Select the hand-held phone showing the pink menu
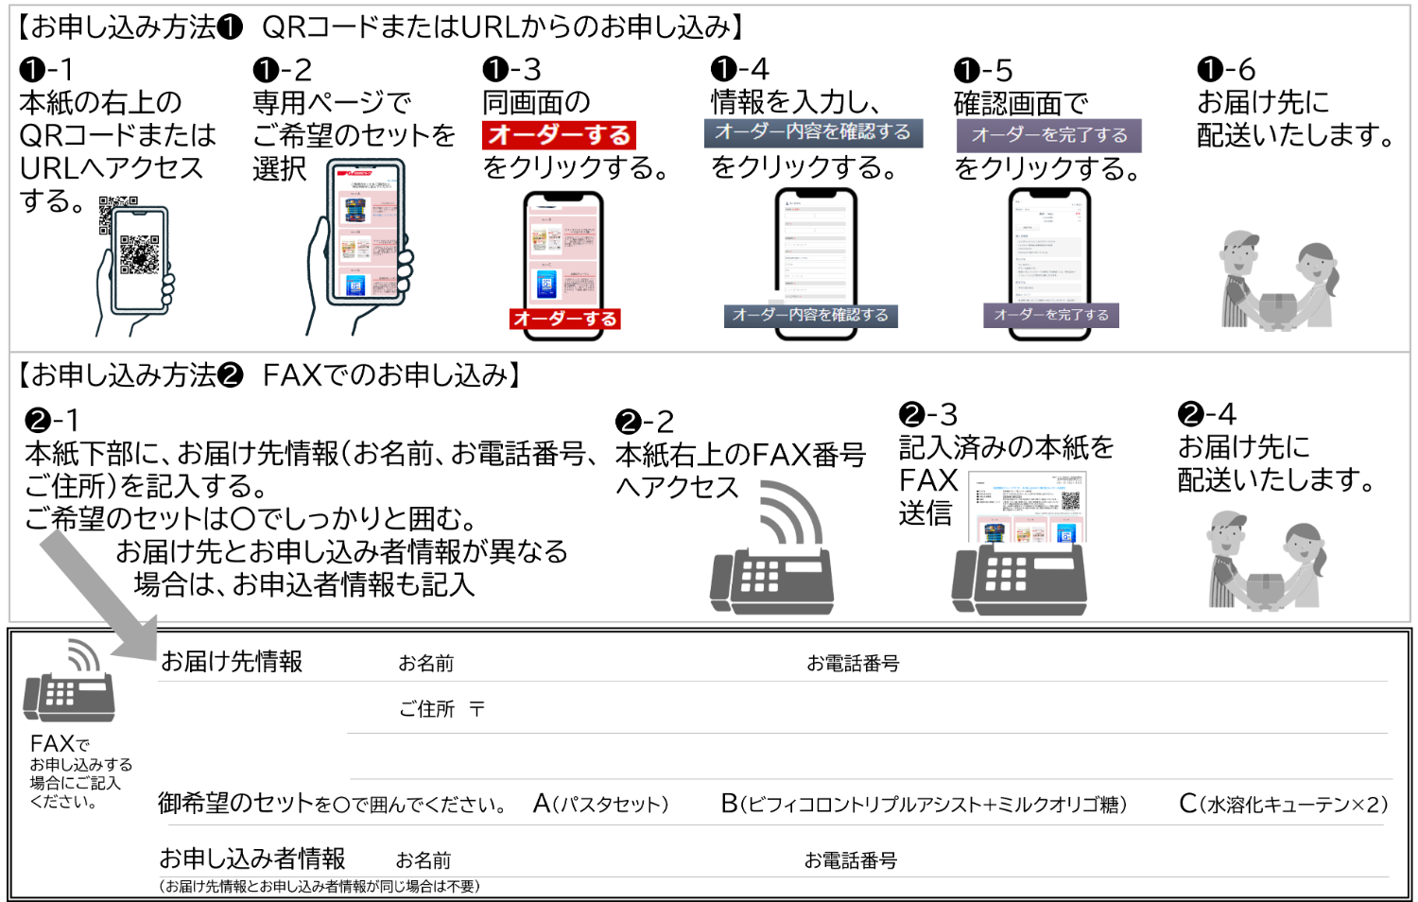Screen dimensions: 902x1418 coord(365,232)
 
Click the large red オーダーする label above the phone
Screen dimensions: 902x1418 coord(559,135)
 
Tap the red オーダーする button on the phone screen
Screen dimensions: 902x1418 coord(564,320)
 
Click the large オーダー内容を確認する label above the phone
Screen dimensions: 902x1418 coord(812,132)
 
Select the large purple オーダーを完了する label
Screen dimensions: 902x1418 coord(1049,135)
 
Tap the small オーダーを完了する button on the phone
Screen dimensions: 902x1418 coord(1050,315)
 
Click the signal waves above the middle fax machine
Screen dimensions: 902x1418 coord(791,511)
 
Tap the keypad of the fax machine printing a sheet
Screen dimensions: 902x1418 coord(1006,573)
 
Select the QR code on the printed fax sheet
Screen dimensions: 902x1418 coord(1070,501)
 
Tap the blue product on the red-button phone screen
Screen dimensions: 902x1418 coord(546,284)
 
